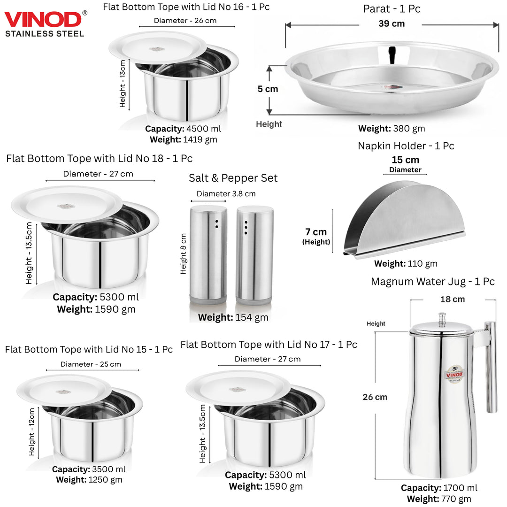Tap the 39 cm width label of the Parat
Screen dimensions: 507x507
(392, 23)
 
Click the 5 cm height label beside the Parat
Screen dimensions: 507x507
(268, 89)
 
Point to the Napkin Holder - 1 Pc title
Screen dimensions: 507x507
(406, 146)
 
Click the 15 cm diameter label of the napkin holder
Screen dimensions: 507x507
(405, 160)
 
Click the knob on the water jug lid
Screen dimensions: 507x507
(442, 319)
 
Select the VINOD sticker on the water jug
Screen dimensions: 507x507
(454, 374)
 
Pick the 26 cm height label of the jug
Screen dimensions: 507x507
(375, 397)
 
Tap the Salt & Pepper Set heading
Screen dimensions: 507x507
(233, 178)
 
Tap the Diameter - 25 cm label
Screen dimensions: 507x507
(91, 364)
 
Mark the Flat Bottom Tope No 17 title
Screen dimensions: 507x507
(269, 345)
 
